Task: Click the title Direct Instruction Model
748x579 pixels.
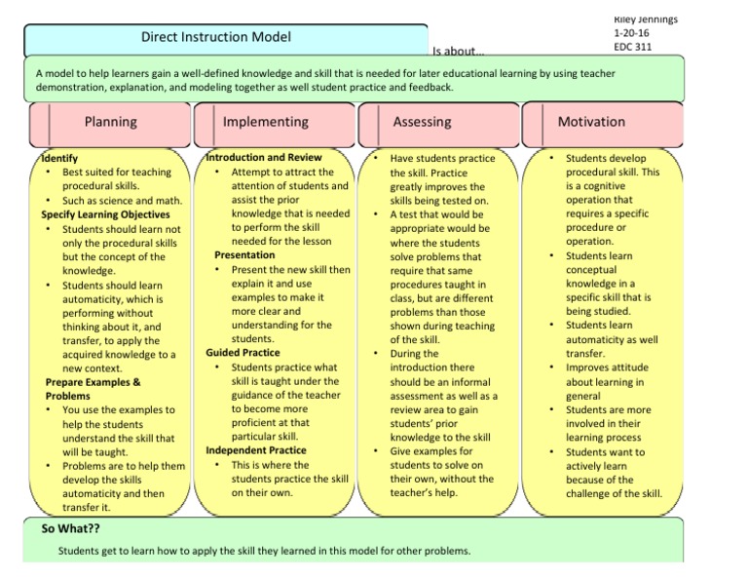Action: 216,38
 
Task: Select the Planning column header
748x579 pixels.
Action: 110,122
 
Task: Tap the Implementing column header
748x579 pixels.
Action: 265,122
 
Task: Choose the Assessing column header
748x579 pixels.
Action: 422,122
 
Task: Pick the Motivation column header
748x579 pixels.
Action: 591,122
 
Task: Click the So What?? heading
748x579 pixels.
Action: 71,529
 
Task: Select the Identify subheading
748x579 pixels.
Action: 59,158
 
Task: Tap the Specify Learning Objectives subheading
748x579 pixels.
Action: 105,214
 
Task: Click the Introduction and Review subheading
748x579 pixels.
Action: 264,157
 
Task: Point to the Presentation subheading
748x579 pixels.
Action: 244,255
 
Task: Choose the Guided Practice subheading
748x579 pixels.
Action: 243,353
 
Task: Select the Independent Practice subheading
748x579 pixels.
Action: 256,450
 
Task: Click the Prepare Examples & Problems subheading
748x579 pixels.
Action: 93,389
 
